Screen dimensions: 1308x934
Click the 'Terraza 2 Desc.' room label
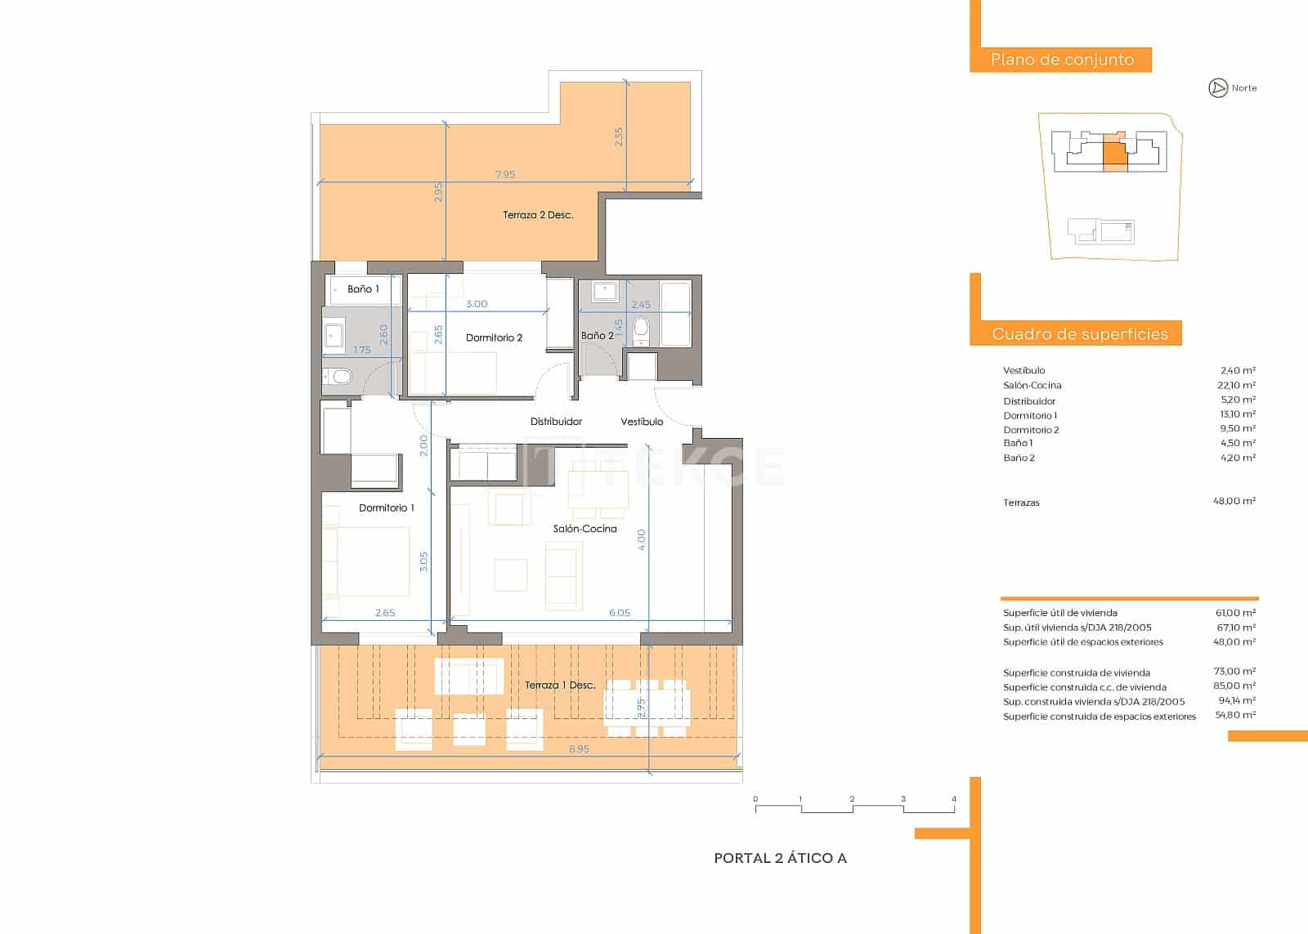click(x=538, y=215)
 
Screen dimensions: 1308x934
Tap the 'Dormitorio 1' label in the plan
click(x=387, y=508)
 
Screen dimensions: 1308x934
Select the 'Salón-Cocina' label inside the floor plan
click(x=585, y=529)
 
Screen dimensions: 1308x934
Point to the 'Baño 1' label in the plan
click(x=363, y=289)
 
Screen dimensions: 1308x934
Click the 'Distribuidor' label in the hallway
click(x=556, y=422)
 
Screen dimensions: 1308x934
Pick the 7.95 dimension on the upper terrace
click(x=505, y=174)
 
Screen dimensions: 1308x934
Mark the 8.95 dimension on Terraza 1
click(x=579, y=749)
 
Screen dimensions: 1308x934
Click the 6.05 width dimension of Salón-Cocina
click(x=620, y=612)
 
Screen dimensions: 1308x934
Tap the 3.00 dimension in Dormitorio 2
click(x=477, y=303)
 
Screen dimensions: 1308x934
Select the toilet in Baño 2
click(x=641, y=330)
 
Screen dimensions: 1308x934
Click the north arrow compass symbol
click(x=1217, y=88)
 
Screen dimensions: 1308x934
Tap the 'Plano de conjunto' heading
click(x=1062, y=60)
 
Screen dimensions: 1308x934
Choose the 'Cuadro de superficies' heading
click(x=1080, y=334)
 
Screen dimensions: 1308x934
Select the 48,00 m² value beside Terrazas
click(x=1234, y=501)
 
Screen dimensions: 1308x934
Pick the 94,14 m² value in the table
click(x=1237, y=700)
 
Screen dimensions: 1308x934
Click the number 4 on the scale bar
click(x=953, y=798)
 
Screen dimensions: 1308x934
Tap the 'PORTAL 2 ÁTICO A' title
click(x=780, y=858)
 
